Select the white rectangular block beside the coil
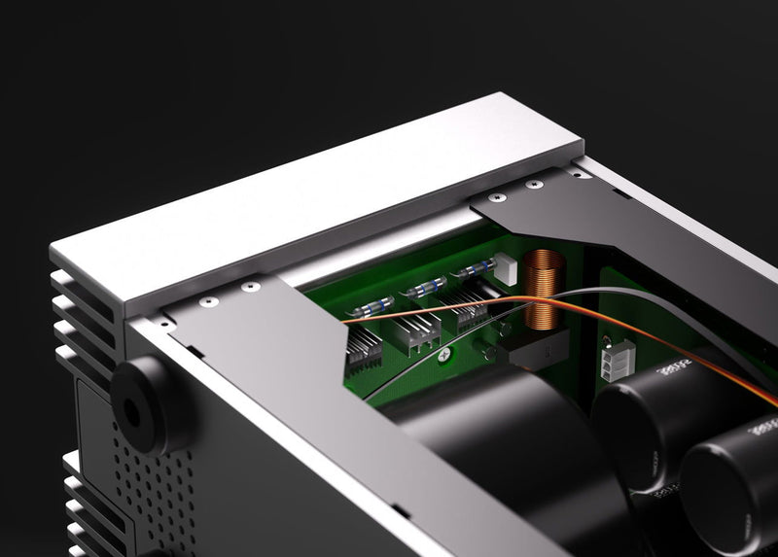[506, 267]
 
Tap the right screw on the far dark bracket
[532, 184]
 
